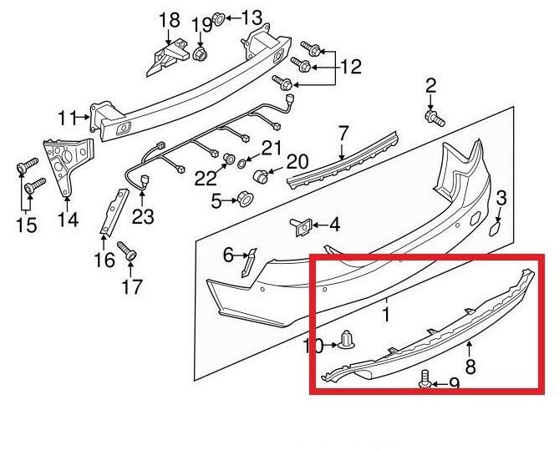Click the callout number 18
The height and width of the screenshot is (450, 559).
[169, 19]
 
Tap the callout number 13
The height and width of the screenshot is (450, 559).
[252, 17]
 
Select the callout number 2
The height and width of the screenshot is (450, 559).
[431, 84]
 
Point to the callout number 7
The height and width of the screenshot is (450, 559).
[342, 133]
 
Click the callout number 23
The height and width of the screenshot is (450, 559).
[143, 216]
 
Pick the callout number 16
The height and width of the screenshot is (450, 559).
[104, 260]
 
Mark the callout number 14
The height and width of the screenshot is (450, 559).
[68, 220]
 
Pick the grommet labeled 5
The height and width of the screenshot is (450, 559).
[245, 200]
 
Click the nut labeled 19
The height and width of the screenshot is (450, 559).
[201, 54]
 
